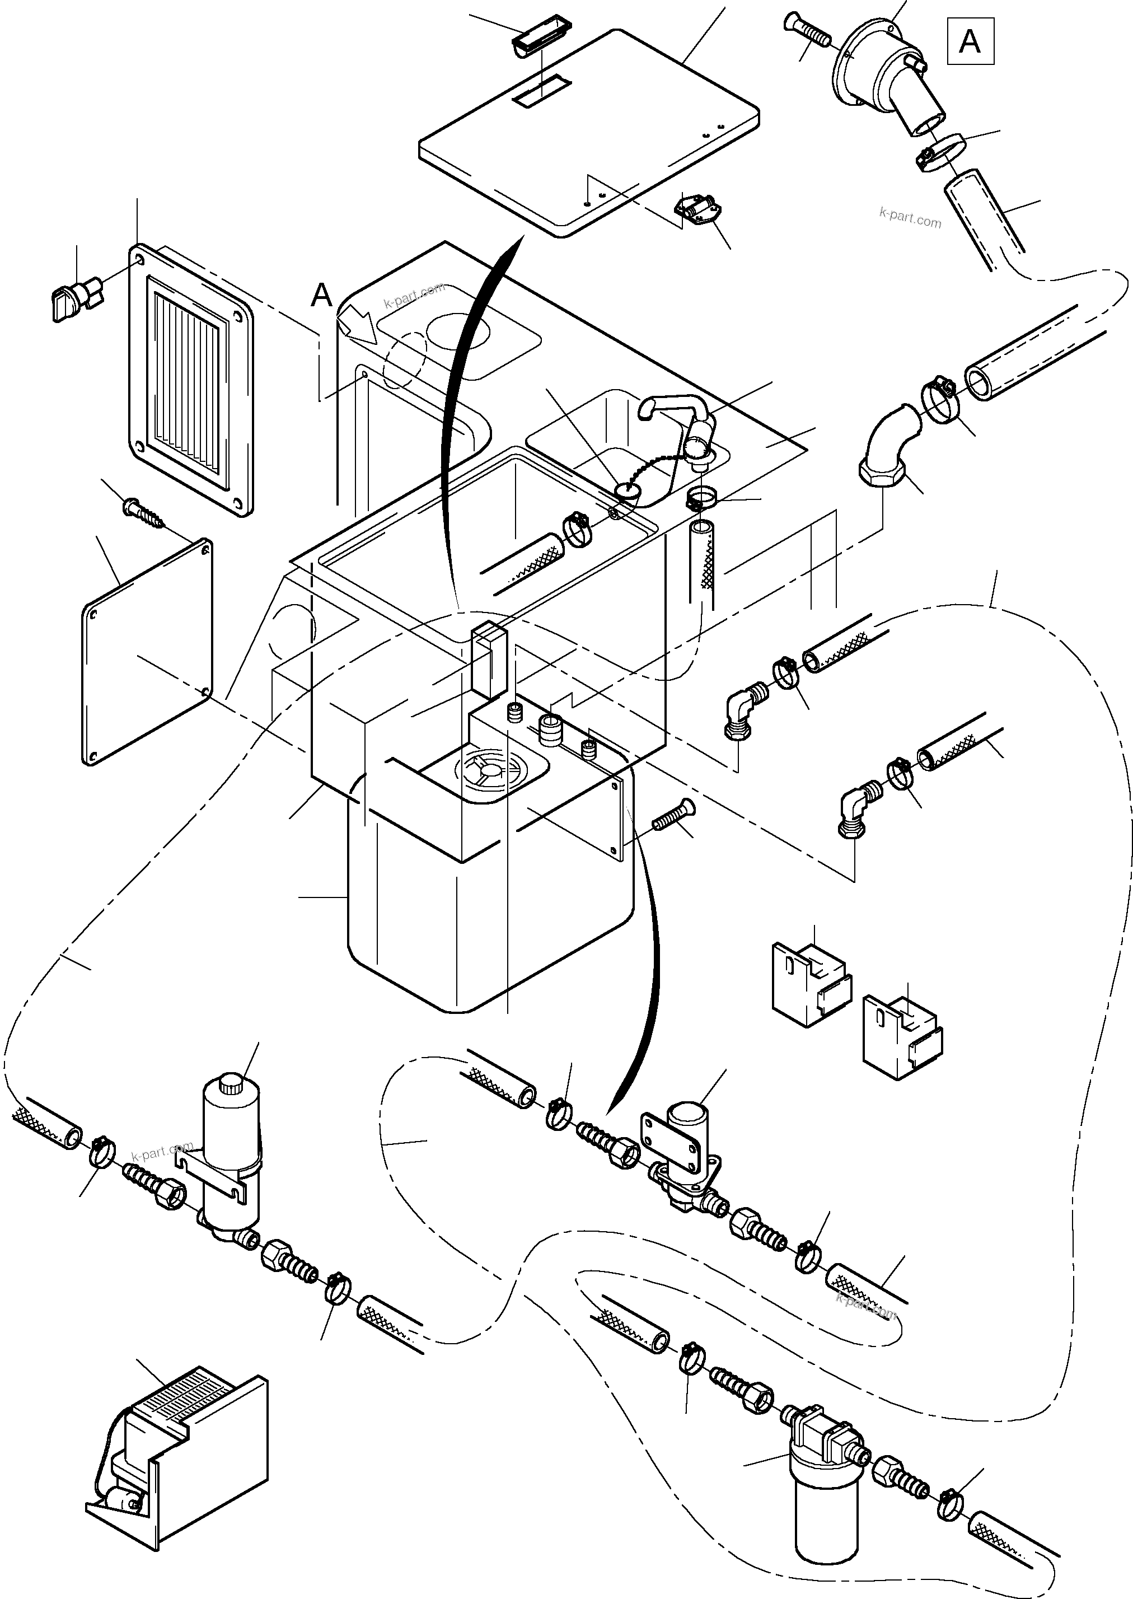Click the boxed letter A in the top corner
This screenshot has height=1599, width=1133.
(x=970, y=42)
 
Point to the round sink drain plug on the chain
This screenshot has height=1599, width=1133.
(x=627, y=491)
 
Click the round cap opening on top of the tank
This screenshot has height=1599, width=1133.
(x=492, y=771)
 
